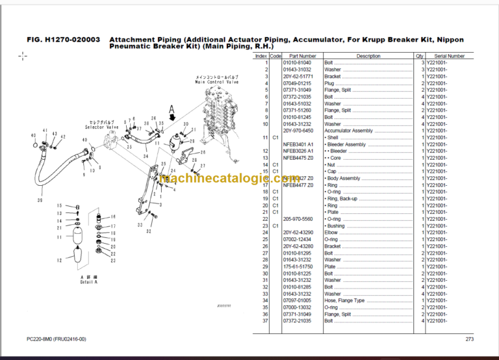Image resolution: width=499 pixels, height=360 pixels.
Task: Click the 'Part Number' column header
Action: click(x=303, y=57)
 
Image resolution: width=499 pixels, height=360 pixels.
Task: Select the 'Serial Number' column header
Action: click(x=449, y=57)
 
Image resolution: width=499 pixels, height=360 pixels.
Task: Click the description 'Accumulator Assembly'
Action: click(x=348, y=131)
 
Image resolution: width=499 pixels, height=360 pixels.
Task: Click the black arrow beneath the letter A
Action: click(x=173, y=117)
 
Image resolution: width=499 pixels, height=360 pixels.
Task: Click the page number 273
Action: click(x=469, y=339)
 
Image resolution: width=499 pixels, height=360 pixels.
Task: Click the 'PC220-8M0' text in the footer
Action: click(x=40, y=339)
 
